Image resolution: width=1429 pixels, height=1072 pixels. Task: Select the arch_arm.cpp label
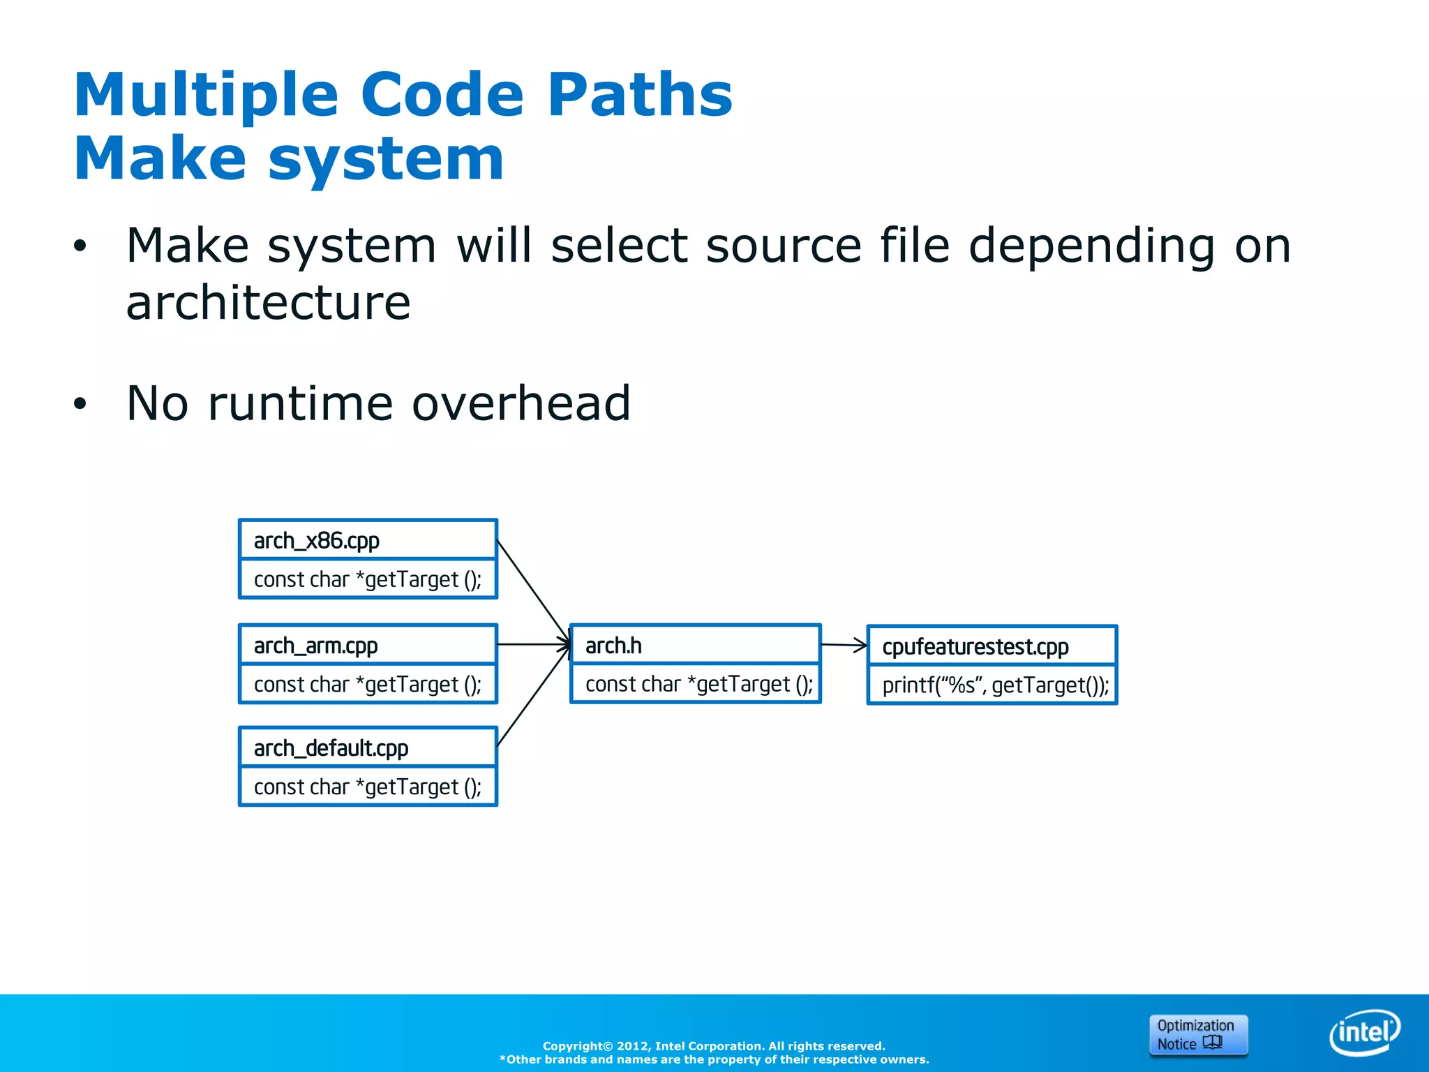click(x=315, y=646)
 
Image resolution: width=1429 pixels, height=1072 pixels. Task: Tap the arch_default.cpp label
click(x=331, y=748)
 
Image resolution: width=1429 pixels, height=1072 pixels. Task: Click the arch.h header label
click(x=613, y=646)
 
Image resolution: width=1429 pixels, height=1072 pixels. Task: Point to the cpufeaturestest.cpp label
click(x=975, y=647)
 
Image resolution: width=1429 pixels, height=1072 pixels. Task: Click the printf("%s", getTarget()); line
click(x=995, y=685)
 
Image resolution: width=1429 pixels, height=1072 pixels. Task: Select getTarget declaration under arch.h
click(x=698, y=684)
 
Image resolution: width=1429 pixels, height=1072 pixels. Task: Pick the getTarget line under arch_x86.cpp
click(x=368, y=579)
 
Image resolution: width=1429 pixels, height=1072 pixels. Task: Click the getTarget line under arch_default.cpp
click(x=368, y=787)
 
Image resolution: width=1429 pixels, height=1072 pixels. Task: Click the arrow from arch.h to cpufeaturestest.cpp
click(x=844, y=646)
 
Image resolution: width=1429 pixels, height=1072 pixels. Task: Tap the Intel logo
click(x=1364, y=1032)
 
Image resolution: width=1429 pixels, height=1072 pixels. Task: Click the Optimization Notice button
click(x=1197, y=1034)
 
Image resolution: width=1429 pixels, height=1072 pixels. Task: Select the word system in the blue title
click(x=385, y=158)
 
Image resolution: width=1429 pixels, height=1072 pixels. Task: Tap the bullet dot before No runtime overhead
click(x=80, y=404)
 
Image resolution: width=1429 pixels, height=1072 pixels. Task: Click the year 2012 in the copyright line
click(x=632, y=1045)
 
